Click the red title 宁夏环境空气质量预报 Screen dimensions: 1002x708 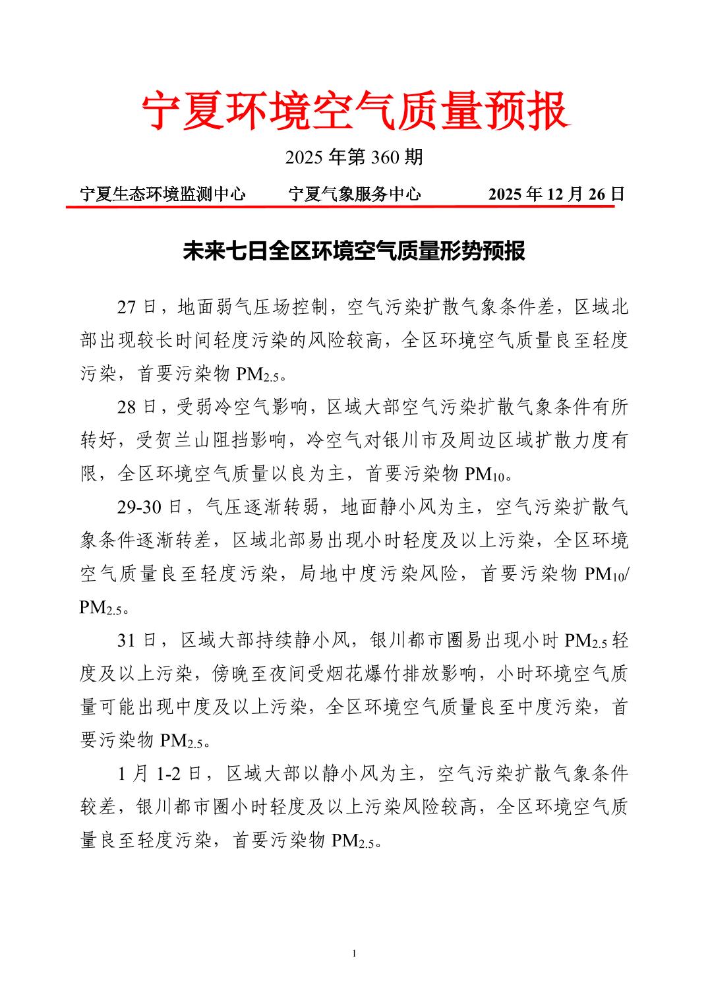point(354,111)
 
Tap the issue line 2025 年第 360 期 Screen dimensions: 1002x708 point(354,158)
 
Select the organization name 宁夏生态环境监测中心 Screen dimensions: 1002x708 point(163,194)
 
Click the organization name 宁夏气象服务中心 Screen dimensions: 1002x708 point(355,194)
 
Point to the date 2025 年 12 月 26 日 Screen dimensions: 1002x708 point(556,194)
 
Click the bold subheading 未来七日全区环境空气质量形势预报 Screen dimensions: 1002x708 point(354,251)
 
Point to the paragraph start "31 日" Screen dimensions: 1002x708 point(137,640)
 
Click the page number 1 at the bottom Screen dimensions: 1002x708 point(354,954)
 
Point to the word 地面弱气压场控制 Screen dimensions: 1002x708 point(253,307)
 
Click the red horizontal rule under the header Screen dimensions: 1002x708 point(339,206)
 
